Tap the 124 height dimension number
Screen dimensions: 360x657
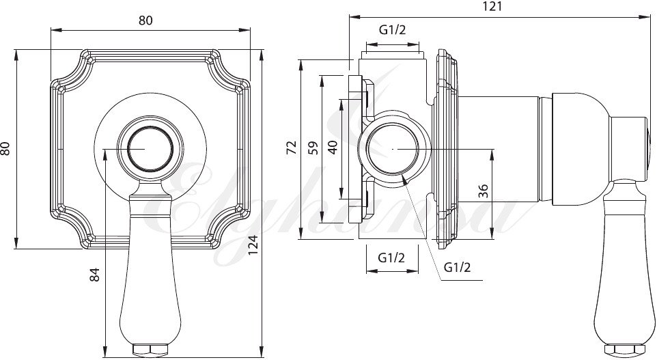coord(253,244)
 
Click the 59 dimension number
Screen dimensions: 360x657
coord(313,148)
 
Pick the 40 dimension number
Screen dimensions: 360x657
coord(333,148)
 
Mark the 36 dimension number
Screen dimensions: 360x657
coord(484,191)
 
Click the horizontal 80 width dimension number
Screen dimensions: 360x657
coord(145,20)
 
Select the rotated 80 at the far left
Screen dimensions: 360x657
coord(6,148)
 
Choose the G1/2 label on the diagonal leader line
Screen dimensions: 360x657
coord(457,267)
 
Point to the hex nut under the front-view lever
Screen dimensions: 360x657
coord(150,350)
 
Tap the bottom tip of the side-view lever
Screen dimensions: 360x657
coord(626,352)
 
